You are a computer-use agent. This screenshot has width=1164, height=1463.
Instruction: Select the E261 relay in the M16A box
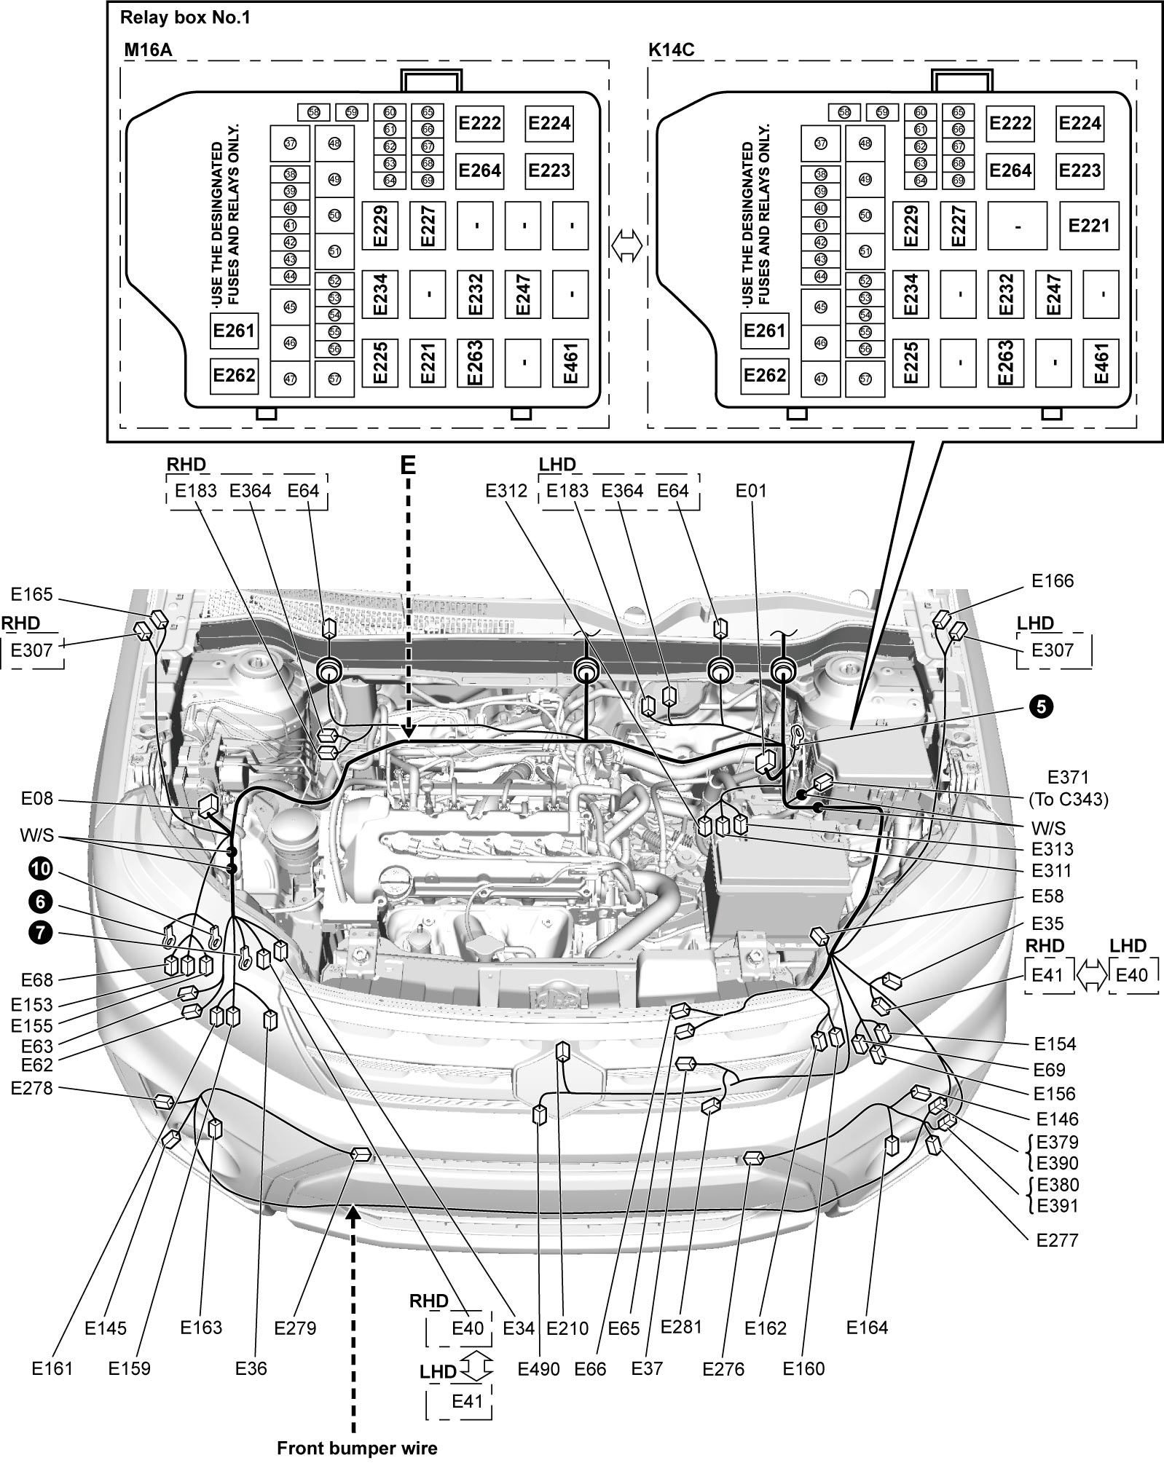tap(234, 331)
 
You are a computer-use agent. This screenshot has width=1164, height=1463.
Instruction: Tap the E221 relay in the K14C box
tap(1089, 226)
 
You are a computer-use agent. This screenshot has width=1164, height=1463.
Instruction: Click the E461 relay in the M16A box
tap(571, 363)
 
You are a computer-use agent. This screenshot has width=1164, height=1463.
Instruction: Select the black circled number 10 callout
tap(41, 868)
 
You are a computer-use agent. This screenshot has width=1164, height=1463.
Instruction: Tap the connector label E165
tap(32, 595)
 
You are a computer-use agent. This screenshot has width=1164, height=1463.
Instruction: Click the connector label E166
tap(1053, 580)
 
